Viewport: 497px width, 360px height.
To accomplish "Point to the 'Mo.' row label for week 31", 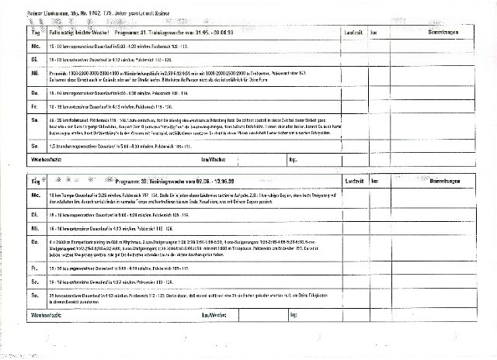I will pyautogui.click(x=13, y=46).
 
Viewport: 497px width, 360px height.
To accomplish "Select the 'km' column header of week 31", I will pyautogui.click(x=375, y=33).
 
